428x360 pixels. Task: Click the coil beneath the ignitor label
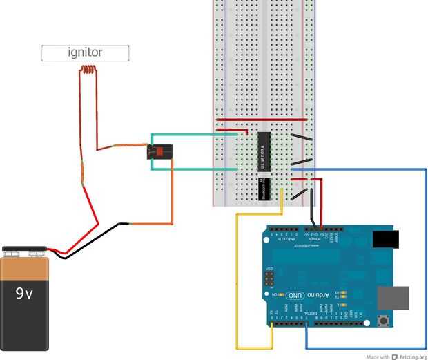point(88,69)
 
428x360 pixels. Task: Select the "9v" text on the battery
point(25,294)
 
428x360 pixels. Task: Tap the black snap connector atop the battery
point(24,249)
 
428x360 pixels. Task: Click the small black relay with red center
point(159,151)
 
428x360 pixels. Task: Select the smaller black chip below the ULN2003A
point(263,189)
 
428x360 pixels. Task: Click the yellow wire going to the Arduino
point(237,276)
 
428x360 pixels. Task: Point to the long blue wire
point(424,263)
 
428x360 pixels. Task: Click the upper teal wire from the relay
point(200,135)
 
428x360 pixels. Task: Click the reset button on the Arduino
point(383,321)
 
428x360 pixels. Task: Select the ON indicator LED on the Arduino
point(284,294)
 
